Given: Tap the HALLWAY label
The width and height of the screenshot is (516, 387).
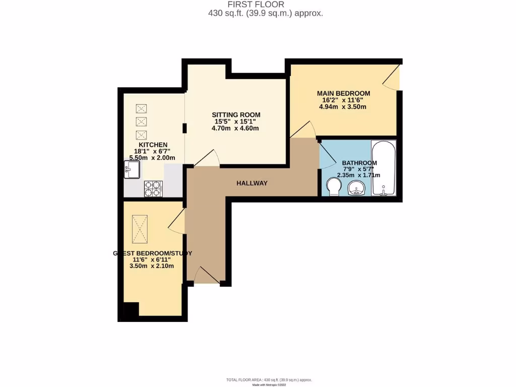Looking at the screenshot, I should pyautogui.click(x=252, y=183).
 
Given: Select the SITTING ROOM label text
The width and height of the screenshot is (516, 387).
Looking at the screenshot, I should pyautogui.click(x=236, y=115).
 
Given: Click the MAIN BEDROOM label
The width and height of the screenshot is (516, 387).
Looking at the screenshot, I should pyautogui.click(x=343, y=93).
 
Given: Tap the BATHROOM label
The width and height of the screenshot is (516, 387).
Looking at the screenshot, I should pyautogui.click(x=359, y=163).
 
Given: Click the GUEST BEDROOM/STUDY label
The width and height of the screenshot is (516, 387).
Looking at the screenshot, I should pyautogui.click(x=152, y=253).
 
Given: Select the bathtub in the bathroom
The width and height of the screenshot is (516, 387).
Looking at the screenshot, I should pyautogui.click(x=383, y=168).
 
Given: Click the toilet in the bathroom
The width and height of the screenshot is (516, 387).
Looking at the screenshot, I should pyautogui.click(x=333, y=187).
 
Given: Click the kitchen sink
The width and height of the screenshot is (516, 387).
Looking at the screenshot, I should pyautogui.click(x=132, y=170).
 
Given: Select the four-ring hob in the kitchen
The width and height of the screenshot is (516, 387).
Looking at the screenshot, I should pyautogui.click(x=154, y=188).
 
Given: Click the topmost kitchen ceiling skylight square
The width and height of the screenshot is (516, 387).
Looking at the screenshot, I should pyautogui.click(x=142, y=108).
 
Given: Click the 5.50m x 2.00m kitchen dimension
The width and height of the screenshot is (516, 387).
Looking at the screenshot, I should pyautogui.click(x=152, y=158).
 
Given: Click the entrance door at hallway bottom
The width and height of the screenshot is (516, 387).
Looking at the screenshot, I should pyautogui.click(x=206, y=275).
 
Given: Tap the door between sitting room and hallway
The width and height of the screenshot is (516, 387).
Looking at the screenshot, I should pyautogui.click(x=207, y=159).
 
